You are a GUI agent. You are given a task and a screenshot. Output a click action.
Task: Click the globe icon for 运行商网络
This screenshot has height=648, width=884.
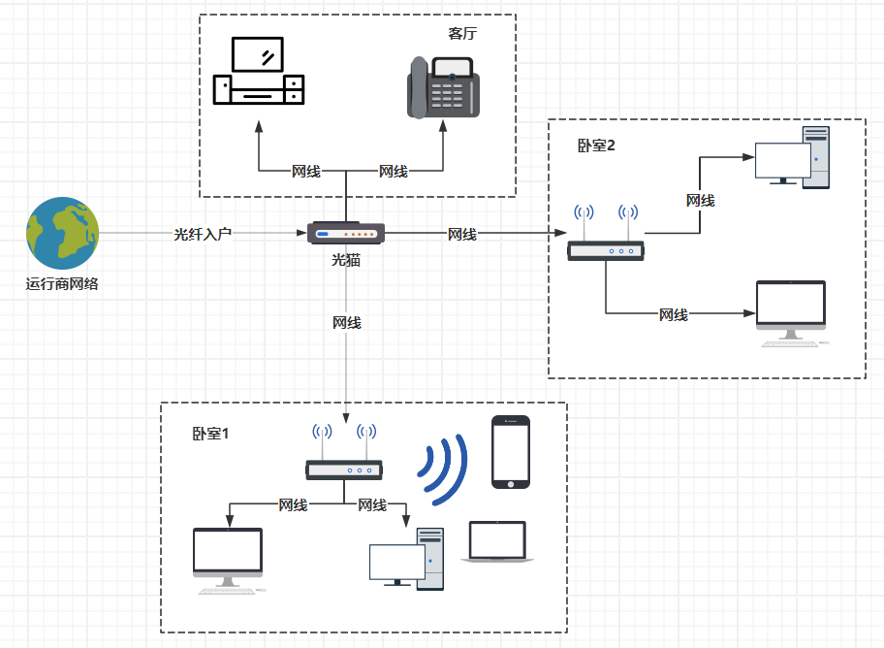[61, 233]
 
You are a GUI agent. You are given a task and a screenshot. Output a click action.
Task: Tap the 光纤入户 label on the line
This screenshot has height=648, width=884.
[203, 234]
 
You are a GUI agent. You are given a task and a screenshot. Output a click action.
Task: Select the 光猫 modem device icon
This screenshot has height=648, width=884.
[346, 233]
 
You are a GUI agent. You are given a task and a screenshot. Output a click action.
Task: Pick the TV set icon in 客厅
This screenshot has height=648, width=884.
[258, 73]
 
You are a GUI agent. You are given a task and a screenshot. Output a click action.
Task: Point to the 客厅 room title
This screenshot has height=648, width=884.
[462, 33]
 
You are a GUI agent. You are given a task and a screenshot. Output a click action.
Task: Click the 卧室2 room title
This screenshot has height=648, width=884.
[596, 146]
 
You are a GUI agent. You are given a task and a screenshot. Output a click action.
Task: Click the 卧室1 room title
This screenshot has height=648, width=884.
[210, 433]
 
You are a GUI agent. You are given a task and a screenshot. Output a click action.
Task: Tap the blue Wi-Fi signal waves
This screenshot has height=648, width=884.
[444, 469]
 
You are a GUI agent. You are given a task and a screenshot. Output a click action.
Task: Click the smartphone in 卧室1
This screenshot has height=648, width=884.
[511, 452]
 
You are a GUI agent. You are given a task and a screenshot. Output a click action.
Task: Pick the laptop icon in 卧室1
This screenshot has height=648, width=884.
[497, 542]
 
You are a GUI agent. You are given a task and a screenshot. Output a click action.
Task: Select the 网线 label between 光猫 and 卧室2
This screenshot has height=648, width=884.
[461, 234]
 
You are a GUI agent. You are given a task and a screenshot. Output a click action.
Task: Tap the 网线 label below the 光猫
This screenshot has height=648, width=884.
[346, 322]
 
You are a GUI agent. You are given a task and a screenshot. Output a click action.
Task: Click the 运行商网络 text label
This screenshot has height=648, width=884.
[61, 284]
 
